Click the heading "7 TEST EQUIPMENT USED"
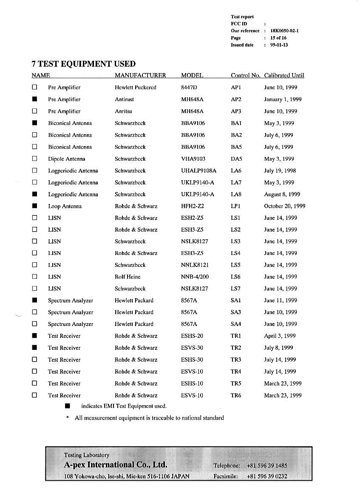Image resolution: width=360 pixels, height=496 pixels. pyautogui.click(x=83, y=64)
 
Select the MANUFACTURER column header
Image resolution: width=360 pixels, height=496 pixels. pyautogui.click(x=140, y=76)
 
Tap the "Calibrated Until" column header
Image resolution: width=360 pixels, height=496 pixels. pyautogui.click(x=284, y=76)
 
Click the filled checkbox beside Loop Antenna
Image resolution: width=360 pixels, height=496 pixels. pyautogui.click(x=35, y=207)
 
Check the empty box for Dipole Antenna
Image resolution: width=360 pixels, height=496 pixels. pyautogui.click(x=35, y=159)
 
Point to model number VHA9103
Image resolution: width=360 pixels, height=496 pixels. pyautogui.click(x=193, y=159)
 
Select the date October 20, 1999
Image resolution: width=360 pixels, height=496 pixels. pyautogui.click(x=284, y=207)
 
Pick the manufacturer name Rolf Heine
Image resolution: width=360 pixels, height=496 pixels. pyautogui.click(x=128, y=277)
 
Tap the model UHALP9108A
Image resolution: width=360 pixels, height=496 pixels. pyautogui.click(x=198, y=171)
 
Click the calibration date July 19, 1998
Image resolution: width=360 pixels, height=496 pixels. pyautogui.click(x=280, y=171)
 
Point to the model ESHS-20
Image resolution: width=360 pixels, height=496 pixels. pyautogui.click(x=192, y=336)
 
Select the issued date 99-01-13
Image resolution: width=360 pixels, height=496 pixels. pyautogui.click(x=279, y=45)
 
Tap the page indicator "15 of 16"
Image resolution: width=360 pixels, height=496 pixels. pyautogui.click(x=278, y=38)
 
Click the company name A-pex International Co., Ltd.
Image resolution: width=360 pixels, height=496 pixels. pyautogui.click(x=115, y=465)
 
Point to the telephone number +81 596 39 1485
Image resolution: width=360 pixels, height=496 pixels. pyautogui.click(x=267, y=466)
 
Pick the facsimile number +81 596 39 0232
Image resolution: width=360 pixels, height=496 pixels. pyautogui.click(x=267, y=476)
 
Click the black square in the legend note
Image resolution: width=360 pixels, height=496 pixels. pyautogui.click(x=67, y=406)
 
